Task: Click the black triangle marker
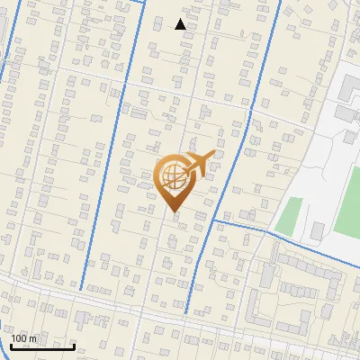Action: pyautogui.click(x=181, y=24)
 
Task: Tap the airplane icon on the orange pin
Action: pyautogui.click(x=201, y=161)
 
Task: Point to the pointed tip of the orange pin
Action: pyautogui.click(x=175, y=212)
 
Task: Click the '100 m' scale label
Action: pyautogui.click(x=24, y=338)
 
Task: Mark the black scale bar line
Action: pyautogui.click(x=42, y=346)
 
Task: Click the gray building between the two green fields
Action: pyautogui.click(x=316, y=232)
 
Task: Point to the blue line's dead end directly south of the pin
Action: pyautogui.click(x=186, y=312)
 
